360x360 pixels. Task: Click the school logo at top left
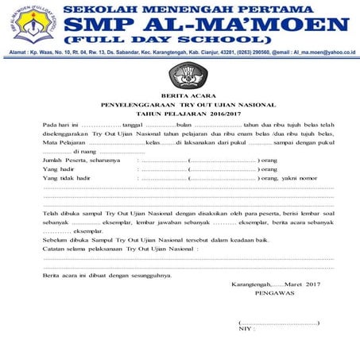click(31, 24)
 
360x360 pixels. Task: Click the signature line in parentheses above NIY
click(279, 322)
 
